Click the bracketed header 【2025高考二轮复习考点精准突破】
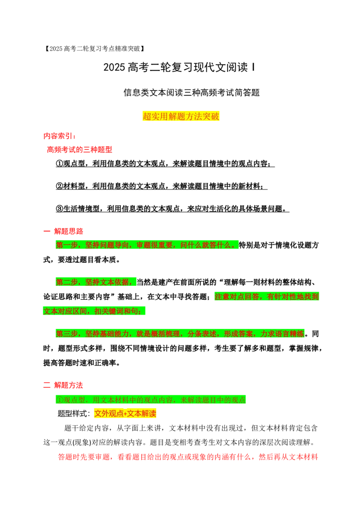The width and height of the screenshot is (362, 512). coord(94,49)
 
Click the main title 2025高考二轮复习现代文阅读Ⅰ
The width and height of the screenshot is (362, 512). coord(179,67)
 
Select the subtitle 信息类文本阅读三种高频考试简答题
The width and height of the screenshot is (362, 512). coord(191,93)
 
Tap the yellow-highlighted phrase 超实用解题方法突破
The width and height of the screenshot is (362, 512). coord(181,116)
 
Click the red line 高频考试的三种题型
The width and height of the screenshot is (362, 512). coord(80,150)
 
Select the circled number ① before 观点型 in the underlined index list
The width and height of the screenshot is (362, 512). coord(59,164)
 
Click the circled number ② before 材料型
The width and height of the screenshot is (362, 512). coord(59,186)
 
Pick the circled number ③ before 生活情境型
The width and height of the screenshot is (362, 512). coord(59,209)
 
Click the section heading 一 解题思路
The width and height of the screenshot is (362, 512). coord(63,231)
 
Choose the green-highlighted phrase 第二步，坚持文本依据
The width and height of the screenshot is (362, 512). coord(96,282)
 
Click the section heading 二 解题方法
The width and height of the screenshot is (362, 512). coord(63,385)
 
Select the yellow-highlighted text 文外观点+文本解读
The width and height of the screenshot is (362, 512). coord(125,414)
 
